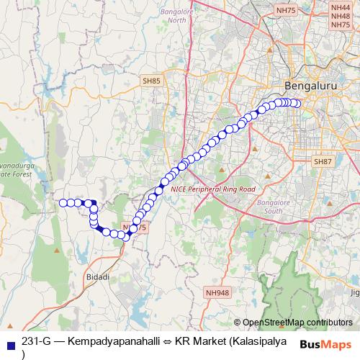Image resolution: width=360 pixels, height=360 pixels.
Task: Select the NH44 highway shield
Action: point(339,7)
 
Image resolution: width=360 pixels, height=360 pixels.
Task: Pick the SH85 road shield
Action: point(151,82)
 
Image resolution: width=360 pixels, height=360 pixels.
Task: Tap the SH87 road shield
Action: point(322,163)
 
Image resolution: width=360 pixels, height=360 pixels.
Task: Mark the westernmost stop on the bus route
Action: point(63,203)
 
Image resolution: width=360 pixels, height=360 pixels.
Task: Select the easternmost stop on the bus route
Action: point(296,102)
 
